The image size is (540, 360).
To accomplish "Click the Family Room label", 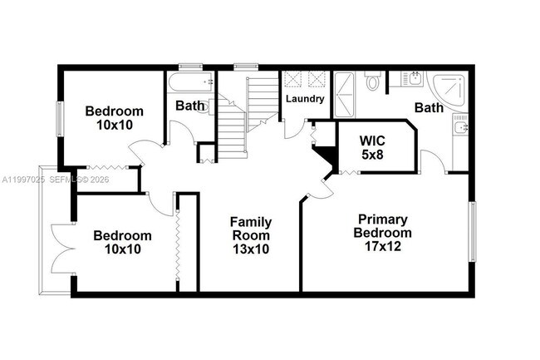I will tap(250, 235).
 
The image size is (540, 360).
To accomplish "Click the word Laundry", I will tap(304, 99).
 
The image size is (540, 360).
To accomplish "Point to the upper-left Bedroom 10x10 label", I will tap(114, 117).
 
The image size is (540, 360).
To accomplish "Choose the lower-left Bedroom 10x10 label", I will tap(122, 242).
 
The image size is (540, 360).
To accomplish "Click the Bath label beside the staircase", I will tap(189, 106).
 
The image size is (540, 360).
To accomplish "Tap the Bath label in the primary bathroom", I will tap(429, 107).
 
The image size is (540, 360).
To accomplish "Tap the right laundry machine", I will tap(317, 80).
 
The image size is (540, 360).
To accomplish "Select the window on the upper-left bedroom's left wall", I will tap(58, 118).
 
